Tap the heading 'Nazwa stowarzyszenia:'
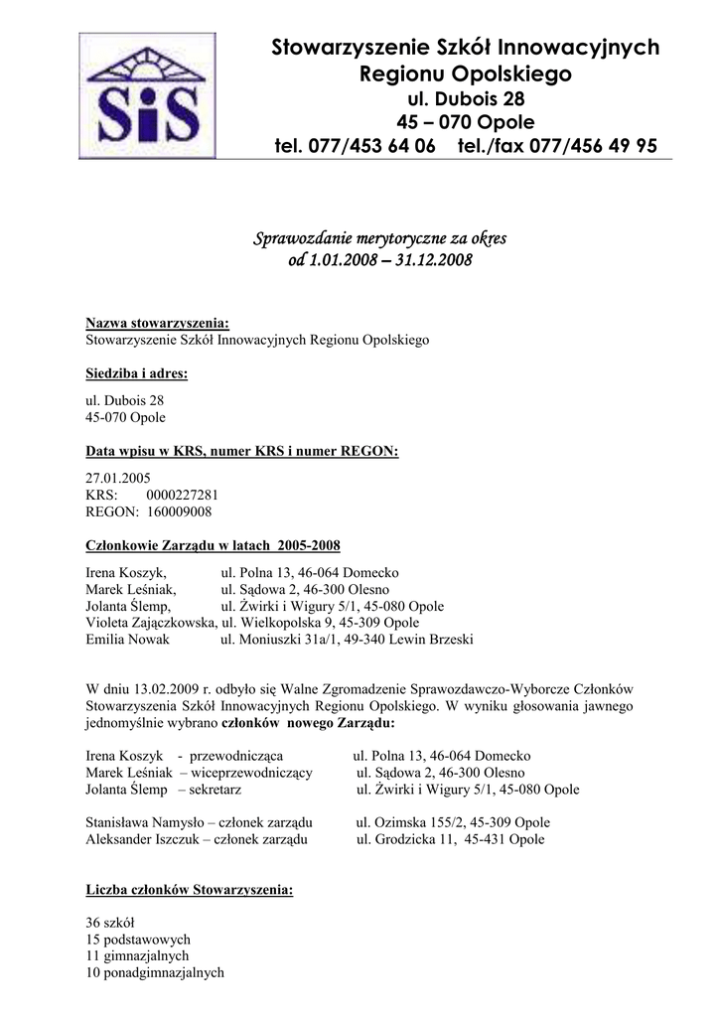tap(157, 324)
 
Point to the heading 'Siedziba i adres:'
tap(137, 374)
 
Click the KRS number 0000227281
tap(182, 495)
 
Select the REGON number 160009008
tap(178, 511)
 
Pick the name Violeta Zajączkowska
tap(151, 623)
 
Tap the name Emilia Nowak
tap(128, 640)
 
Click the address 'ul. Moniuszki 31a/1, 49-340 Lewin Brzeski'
tap(347, 640)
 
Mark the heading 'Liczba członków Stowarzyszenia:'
tap(190, 890)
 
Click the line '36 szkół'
tap(111, 923)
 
